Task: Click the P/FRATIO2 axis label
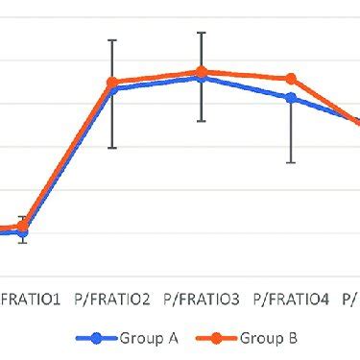point(112,300)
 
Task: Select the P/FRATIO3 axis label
point(202,300)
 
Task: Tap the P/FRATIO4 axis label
point(291,300)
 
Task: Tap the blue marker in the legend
point(96,338)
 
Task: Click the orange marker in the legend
point(217,338)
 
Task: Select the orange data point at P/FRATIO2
point(112,83)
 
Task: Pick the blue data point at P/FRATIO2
point(112,89)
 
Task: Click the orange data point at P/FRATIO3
point(202,72)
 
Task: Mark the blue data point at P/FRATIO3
point(202,78)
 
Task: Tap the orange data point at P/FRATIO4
point(291,79)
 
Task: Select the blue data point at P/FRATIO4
point(291,98)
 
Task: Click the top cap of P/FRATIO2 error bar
point(112,40)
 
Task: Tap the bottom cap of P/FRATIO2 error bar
point(112,148)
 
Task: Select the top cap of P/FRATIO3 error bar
point(202,33)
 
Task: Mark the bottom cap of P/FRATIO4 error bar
point(291,163)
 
